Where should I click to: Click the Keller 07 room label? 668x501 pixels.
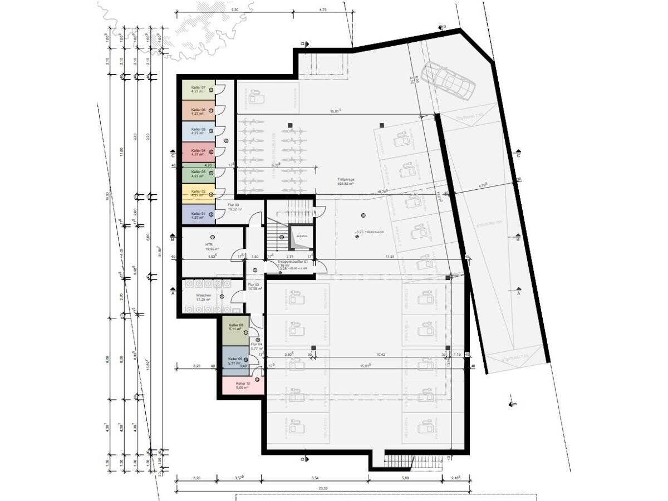(x=199, y=89)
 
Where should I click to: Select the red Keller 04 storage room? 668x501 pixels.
(x=199, y=152)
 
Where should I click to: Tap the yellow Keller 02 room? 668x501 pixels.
(x=199, y=193)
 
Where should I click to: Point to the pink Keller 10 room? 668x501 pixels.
(x=243, y=385)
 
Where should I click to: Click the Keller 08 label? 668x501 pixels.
(x=236, y=327)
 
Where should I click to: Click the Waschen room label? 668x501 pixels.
(x=204, y=297)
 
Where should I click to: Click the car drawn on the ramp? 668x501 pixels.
(x=449, y=79)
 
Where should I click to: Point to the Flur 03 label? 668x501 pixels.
(x=233, y=207)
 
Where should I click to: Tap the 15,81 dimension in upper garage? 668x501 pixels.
(x=335, y=111)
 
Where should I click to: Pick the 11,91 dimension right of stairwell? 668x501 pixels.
(x=390, y=257)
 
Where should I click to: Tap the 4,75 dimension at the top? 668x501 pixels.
(x=323, y=10)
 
